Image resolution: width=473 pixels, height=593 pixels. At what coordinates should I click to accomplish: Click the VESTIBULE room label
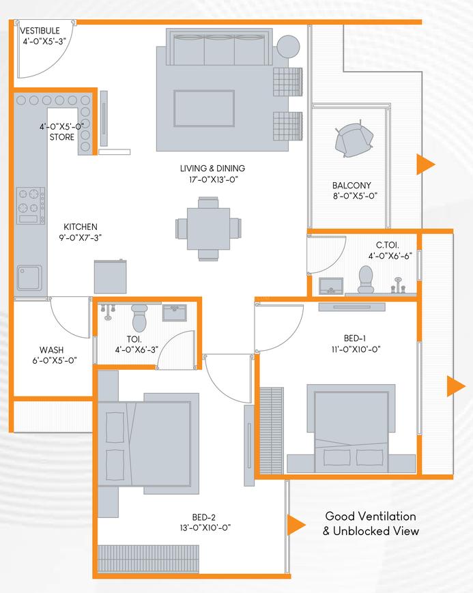40,31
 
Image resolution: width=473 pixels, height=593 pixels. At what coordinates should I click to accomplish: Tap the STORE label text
62,137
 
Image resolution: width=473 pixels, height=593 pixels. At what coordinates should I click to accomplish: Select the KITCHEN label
81,227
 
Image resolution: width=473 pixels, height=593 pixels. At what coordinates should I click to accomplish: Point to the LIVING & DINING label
212,169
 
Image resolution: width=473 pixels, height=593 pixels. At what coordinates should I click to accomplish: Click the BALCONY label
352,186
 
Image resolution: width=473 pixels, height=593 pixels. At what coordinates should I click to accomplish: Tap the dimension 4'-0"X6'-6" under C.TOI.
390,256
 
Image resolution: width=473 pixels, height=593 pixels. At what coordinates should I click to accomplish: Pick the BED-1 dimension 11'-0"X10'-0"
356,349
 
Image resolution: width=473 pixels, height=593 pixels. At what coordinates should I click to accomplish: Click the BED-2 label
204,517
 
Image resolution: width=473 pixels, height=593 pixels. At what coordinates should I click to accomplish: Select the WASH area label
51,350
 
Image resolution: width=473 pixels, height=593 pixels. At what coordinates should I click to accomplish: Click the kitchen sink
29,278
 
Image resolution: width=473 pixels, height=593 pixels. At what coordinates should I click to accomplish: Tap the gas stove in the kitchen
30,205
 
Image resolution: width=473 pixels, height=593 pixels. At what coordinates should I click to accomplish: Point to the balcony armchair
354,139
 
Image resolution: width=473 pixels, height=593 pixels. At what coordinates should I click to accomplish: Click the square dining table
208,229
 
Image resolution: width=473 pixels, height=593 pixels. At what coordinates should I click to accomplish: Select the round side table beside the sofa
288,46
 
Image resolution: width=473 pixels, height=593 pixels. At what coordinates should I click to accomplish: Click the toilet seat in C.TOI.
366,279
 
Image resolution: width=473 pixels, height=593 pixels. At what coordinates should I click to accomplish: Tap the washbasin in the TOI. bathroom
175,313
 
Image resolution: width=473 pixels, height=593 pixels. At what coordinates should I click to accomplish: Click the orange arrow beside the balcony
426,164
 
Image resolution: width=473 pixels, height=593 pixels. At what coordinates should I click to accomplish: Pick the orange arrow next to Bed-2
296,525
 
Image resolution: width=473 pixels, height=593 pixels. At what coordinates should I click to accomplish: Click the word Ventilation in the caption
387,516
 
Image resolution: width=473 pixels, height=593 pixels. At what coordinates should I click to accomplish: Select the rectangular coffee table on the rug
204,109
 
